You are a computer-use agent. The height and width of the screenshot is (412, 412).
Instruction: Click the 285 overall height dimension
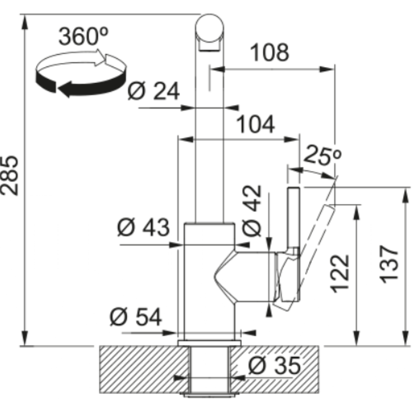pyautogui.click(x=10, y=176)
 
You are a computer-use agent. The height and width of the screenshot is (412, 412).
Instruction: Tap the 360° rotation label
pyautogui.click(x=83, y=36)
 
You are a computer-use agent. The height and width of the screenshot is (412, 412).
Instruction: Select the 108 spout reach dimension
pyautogui.click(x=270, y=53)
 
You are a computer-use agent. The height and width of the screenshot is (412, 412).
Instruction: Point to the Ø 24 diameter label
pyautogui.click(x=154, y=91)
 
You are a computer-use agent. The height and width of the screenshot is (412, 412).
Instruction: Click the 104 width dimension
pyautogui.click(x=256, y=124)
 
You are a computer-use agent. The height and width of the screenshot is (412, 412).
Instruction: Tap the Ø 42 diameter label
pyautogui.click(x=252, y=211)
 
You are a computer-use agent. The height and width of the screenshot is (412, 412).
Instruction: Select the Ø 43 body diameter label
pyautogui.click(x=143, y=227)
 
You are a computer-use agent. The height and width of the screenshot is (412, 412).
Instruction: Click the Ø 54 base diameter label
pyautogui.click(x=136, y=317)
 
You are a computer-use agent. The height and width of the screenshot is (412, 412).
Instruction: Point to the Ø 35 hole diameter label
pyautogui.click(x=274, y=365)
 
